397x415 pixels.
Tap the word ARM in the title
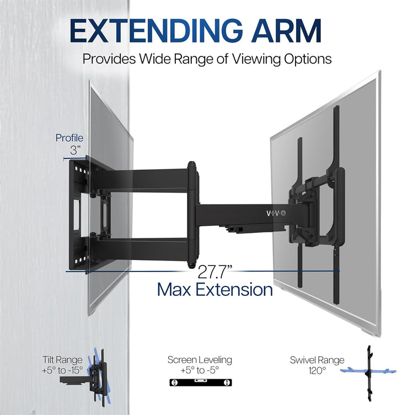pos(286,30)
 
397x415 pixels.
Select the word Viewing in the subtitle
pos(256,59)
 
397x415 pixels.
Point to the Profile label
pos(69,138)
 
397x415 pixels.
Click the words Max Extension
pos(215,289)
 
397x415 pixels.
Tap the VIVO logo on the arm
pos(276,213)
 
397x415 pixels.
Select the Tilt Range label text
pos(63,360)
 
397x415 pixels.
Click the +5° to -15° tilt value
pos(63,370)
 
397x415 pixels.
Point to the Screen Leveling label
pos(200,360)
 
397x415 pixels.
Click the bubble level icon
pos(201,382)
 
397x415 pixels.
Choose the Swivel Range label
pos(317,360)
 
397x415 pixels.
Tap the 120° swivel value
pos(317,370)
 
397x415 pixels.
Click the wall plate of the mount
pos(78,214)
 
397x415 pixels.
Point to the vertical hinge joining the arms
pos(193,214)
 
